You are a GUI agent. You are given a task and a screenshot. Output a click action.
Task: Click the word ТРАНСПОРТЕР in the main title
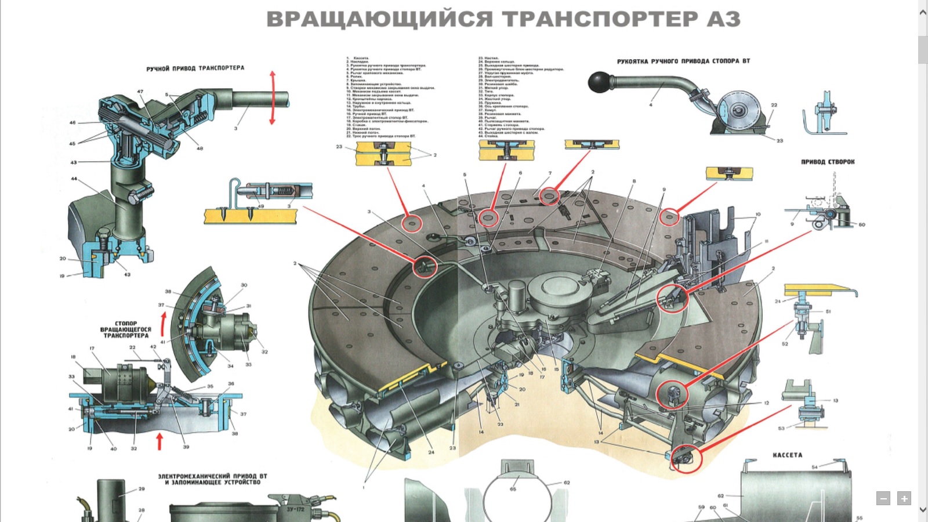click(x=600, y=19)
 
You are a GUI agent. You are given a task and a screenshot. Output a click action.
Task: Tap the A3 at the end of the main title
click(x=723, y=19)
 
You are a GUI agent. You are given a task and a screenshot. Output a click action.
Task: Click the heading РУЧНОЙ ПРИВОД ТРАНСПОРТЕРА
click(x=195, y=68)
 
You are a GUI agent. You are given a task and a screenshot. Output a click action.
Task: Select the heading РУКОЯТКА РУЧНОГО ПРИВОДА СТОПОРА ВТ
click(x=683, y=61)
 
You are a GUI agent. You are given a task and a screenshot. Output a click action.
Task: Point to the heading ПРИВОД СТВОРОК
click(x=828, y=162)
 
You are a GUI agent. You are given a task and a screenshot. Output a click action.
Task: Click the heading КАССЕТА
click(x=787, y=455)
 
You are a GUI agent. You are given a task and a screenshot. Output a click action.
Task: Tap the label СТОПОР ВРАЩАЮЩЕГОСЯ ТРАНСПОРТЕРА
click(x=125, y=329)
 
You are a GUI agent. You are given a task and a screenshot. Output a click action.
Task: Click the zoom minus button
click(x=883, y=498)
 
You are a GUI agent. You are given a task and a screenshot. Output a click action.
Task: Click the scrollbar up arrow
click(x=923, y=12)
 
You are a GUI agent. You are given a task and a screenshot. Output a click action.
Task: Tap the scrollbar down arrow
click(x=923, y=510)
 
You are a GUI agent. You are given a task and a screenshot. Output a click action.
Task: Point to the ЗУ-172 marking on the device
click(x=295, y=509)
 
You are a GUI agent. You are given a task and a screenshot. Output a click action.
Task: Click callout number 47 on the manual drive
click(x=140, y=92)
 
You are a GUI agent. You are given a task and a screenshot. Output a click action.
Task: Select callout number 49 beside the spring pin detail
click(x=261, y=206)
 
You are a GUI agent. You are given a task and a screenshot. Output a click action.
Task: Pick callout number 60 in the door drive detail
click(x=861, y=224)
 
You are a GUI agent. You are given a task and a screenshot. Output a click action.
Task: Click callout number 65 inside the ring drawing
click(x=513, y=489)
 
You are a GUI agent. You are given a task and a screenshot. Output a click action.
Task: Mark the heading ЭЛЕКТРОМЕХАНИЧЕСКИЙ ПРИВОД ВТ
click(x=212, y=476)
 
